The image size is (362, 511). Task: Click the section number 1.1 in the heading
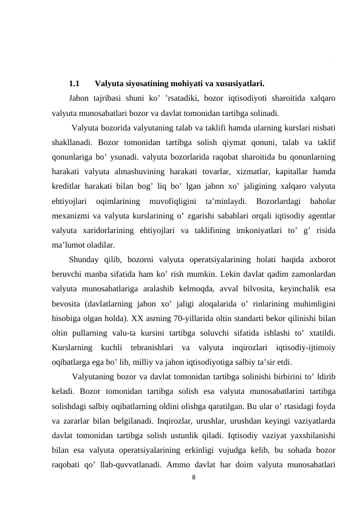pyautogui.click(x=75, y=84)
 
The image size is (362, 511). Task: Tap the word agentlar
pyautogui.click(x=322, y=216)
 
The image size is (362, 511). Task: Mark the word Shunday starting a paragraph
pyautogui.click(x=84, y=260)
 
